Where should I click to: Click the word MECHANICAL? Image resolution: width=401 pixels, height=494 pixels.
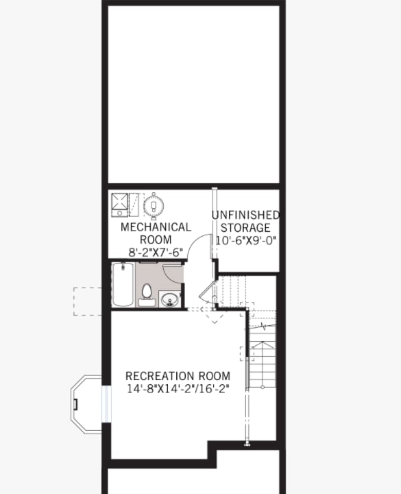[x=156, y=227]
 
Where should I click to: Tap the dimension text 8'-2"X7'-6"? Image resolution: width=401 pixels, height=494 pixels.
[x=156, y=252]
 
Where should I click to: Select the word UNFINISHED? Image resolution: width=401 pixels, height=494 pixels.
[x=245, y=215]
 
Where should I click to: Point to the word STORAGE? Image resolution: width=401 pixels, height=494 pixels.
[x=245, y=228]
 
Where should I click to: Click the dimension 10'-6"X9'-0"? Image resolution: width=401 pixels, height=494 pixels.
[x=245, y=241]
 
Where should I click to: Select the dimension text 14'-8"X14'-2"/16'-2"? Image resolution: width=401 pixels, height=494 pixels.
[x=178, y=388]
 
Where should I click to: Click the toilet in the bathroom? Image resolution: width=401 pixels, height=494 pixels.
[x=146, y=294]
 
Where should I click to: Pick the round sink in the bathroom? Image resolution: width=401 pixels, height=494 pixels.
[x=170, y=299]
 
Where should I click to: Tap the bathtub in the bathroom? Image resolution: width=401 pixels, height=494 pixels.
[x=123, y=285]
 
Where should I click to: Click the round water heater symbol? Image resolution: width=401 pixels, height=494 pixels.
[x=154, y=205]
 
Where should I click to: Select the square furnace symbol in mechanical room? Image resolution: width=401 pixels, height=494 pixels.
[x=121, y=205]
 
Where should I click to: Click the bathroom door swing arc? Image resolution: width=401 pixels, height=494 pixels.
[x=173, y=273]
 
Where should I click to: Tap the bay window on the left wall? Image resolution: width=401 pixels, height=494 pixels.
[x=88, y=403]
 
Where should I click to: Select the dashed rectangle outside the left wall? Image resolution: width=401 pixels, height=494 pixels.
[x=88, y=301]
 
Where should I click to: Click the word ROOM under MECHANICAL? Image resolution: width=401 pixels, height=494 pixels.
[x=156, y=239]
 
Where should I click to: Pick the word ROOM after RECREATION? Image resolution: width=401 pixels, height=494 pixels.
[x=212, y=376]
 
